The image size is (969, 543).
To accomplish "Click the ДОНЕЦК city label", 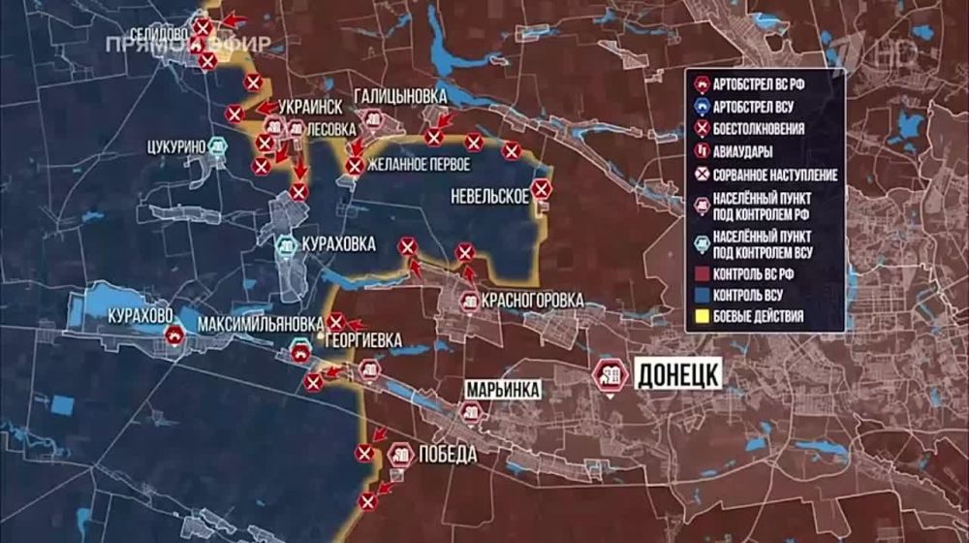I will pyautogui.click(x=677, y=372).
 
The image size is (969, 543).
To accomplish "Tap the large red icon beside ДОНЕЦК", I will pyautogui.click(x=611, y=376).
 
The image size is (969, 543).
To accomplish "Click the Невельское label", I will pyautogui.click(x=489, y=196).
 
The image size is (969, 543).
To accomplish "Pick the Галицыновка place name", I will pyautogui.click(x=400, y=96).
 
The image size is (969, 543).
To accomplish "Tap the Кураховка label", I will pyautogui.click(x=338, y=244).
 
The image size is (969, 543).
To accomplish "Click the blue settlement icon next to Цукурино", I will pyautogui.click(x=220, y=147).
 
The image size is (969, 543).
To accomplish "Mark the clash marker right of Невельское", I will pyautogui.click(x=542, y=189).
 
